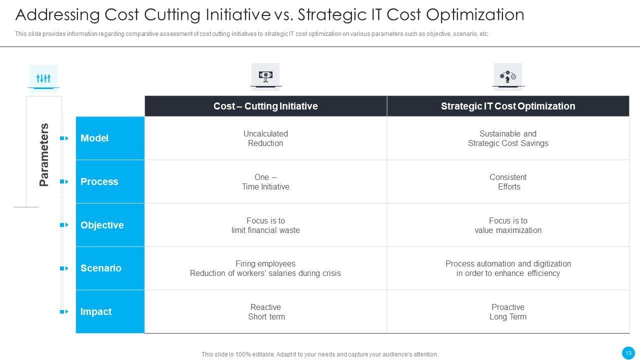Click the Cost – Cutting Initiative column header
point(265,106)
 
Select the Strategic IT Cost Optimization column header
point(508,106)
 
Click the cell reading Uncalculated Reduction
point(265,138)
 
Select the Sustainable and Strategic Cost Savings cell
point(508,138)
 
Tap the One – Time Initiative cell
point(265,182)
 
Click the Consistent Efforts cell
point(508,182)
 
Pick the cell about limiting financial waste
point(265,225)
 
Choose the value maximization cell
point(508,225)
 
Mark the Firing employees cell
point(265,268)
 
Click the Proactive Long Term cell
point(508,312)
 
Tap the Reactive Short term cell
point(265,312)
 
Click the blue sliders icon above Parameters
point(43,78)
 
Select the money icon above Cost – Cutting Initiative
point(265,75)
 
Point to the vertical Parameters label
point(44,154)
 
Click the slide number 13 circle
point(628,353)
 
